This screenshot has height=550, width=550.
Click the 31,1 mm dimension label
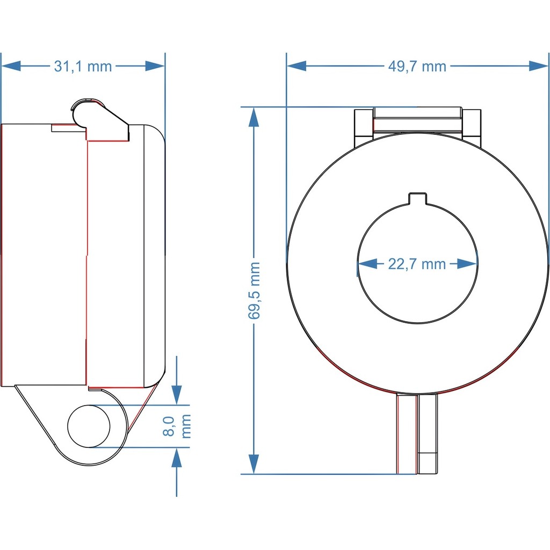coord(83,66)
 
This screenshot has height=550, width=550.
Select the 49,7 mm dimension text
coord(417,66)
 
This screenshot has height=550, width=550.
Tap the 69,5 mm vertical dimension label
coord(254,291)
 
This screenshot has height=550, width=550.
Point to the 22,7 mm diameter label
coord(417,264)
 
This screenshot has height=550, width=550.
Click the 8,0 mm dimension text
coord(177,426)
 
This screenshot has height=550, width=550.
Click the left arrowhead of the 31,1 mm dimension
coord(11,66)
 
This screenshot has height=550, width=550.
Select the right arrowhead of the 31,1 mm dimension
coord(155,66)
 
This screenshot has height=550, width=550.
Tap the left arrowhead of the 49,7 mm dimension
coord(296,66)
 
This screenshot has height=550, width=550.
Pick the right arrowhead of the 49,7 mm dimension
coord(538,66)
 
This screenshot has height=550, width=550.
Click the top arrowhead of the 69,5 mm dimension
coord(254,117)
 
